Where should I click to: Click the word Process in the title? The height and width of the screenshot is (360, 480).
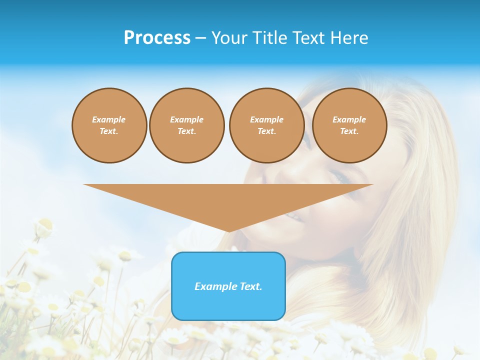click(157, 38)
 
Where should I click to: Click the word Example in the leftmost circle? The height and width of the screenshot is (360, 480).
click(109, 120)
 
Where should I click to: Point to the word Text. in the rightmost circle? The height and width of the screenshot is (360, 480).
click(349, 131)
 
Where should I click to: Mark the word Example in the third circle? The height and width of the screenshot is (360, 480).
click(266, 120)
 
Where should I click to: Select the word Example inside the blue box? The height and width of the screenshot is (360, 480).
click(215, 286)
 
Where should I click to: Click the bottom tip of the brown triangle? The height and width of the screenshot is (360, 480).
click(228, 231)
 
